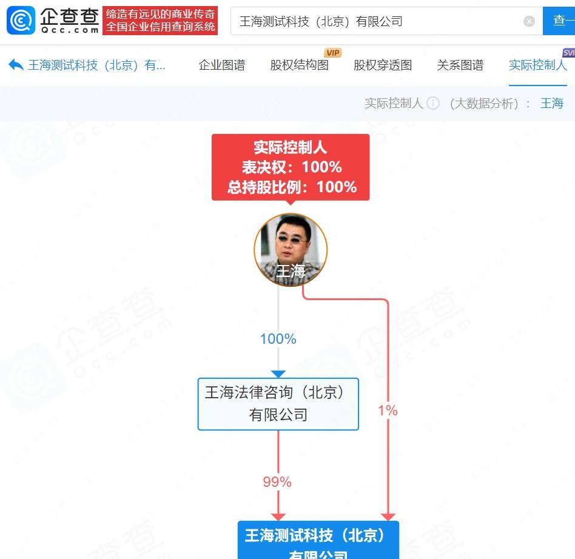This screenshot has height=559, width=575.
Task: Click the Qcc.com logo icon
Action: pyautogui.click(x=21, y=21)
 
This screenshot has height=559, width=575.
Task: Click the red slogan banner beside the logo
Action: pyautogui.click(x=160, y=21)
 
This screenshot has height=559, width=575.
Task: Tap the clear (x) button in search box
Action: pyautogui.click(x=529, y=21)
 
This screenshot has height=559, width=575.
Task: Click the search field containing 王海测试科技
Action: pyautogui.click(x=376, y=21)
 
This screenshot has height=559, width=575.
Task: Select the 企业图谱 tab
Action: pyautogui.click(x=222, y=65)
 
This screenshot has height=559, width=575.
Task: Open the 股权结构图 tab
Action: pyautogui.click(x=299, y=65)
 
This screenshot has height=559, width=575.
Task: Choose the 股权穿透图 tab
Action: pyautogui.click(x=383, y=65)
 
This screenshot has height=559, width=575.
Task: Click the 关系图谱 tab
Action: pyautogui.click(x=460, y=65)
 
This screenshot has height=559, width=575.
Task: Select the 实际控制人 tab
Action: pyautogui.click(x=537, y=65)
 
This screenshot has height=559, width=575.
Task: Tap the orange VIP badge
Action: pyautogui.click(x=333, y=53)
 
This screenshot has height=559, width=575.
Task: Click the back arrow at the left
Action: pyautogui.click(x=16, y=65)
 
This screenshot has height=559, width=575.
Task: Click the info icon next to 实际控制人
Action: pyautogui.click(x=433, y=103)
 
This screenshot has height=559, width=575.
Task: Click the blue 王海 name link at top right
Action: pyautogui.click(x=552, y=103)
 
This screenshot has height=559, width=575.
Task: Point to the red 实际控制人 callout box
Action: pyautogui.click(x=291, y=167)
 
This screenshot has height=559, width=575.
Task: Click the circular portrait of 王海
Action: pyautogui.click(x=291, y=249)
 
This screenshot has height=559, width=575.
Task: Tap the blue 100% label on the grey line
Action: pyautogui.click(x=278, y=339)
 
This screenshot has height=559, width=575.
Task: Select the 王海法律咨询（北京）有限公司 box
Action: pyautogui.click(x=278, y=404)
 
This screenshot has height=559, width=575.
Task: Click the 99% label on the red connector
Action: pyautogui.click(x=277, y=482)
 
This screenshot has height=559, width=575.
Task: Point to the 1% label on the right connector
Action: pyautogui.click(x=388, y=410)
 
